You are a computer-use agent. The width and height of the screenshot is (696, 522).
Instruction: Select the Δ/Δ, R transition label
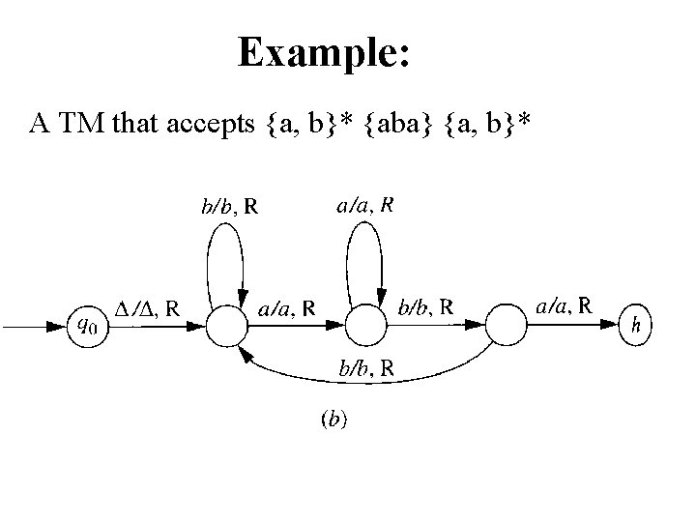coord(146,309)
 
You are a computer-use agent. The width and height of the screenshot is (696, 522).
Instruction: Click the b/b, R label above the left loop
coord(236,206)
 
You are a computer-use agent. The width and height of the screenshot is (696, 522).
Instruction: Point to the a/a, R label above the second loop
coord(364,205)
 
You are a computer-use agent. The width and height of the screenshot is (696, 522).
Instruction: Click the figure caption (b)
coord(334,419)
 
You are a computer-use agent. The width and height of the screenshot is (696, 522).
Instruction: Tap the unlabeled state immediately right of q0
coord(224,326)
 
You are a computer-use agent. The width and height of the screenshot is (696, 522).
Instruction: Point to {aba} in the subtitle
coord(391,124)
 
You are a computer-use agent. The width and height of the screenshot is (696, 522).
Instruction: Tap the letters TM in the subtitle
coord(87,124)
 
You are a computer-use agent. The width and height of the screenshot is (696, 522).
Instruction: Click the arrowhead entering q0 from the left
coord(57,326)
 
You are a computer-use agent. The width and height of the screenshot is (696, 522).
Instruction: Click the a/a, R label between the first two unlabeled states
coord(288,309)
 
